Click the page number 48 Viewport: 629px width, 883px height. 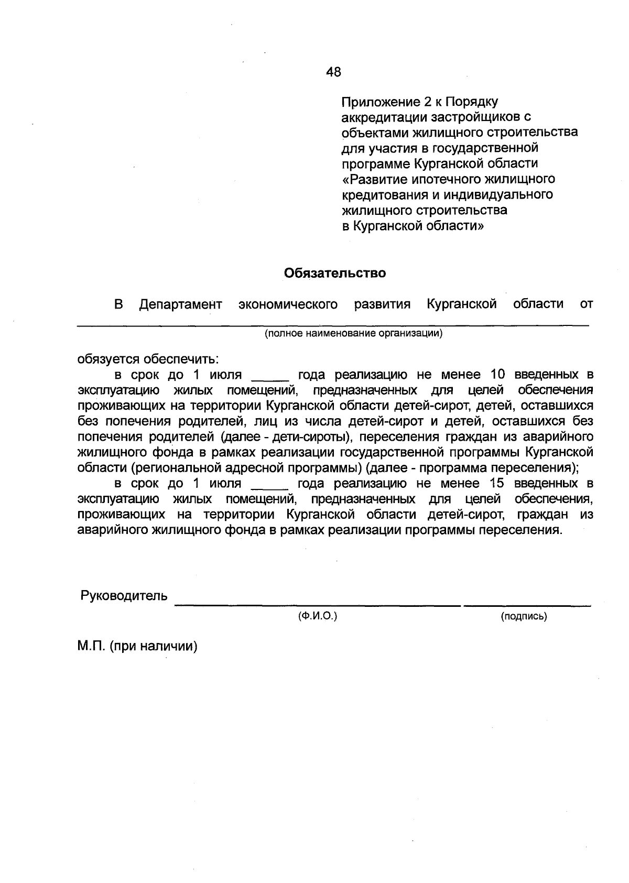point(333,72)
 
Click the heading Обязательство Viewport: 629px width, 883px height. point(334,273)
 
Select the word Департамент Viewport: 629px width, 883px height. point(180,304)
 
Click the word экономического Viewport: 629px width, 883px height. point(288,304)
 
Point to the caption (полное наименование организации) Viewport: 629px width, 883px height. point(353,334)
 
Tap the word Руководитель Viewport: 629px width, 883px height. point(124,596)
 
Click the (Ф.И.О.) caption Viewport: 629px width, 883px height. point(317,617)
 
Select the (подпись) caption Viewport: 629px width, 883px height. point(524,617)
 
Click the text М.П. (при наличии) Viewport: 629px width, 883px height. point(137,647)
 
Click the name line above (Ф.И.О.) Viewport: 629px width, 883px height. point(317,605)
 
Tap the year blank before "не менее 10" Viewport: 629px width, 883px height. point(270,378)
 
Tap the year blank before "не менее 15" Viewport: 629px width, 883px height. point(270,487)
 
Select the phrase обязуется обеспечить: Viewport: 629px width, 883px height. point(148,359)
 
